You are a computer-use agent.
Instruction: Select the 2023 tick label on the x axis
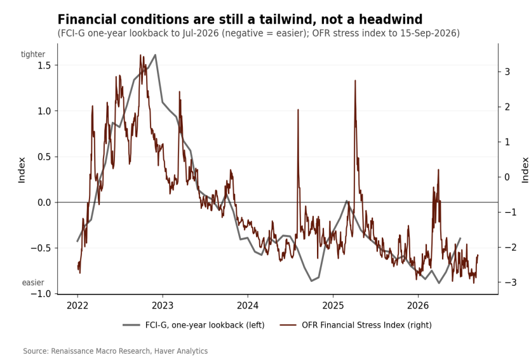(163, 305)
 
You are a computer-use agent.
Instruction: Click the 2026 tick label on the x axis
(418, 305)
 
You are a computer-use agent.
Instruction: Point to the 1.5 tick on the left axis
(44, 65)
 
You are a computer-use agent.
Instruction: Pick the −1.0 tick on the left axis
(41, 294)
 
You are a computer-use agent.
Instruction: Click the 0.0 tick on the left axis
(44, 203)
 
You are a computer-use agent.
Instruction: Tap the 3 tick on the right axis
(507, 72)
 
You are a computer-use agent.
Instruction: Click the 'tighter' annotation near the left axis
(33, 54)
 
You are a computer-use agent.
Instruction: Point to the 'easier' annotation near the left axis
(33, 283)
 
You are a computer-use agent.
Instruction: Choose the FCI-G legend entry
(194, 325)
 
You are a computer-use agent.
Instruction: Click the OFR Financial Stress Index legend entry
(356, 325)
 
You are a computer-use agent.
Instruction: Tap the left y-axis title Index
(22, 170)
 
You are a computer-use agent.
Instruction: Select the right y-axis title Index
(525, 170)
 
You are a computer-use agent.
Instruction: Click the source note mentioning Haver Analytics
(116, 351)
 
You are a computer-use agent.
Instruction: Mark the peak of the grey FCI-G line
(155, 55)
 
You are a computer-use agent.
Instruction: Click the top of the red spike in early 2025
(355, 80)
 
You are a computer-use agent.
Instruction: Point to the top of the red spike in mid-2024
(298, 109)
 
